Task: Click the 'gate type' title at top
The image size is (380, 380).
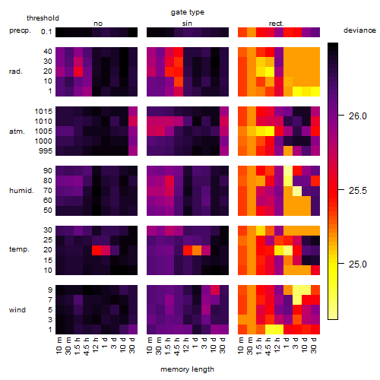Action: point(188,12)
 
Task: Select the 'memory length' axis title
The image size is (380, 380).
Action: point(187,369)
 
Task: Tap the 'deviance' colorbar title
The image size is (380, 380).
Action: point(359,30)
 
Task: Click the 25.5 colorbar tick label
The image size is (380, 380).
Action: point(358,191)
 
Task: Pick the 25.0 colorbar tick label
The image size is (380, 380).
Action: point(358,264)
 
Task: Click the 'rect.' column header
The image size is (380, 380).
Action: point(277,24)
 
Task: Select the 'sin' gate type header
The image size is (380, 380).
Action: point(187,24)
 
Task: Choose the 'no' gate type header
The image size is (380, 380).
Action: point(98,24)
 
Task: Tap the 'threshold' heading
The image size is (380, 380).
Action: point(43,18)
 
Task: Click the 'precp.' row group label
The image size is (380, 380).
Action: point(20,30)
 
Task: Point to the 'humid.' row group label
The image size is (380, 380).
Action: point(21,191)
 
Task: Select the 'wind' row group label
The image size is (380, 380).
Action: point(17,310)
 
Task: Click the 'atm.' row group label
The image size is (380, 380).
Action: point(17,131)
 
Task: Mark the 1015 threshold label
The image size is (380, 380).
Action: point(43,112)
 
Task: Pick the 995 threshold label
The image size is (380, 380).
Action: point(46,151)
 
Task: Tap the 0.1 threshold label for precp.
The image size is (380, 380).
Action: point(46,32)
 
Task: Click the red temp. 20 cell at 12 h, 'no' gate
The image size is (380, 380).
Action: point(97,250)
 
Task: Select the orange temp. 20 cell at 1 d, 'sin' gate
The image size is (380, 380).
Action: point(197,250)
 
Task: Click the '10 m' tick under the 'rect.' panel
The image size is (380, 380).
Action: point(241,345)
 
